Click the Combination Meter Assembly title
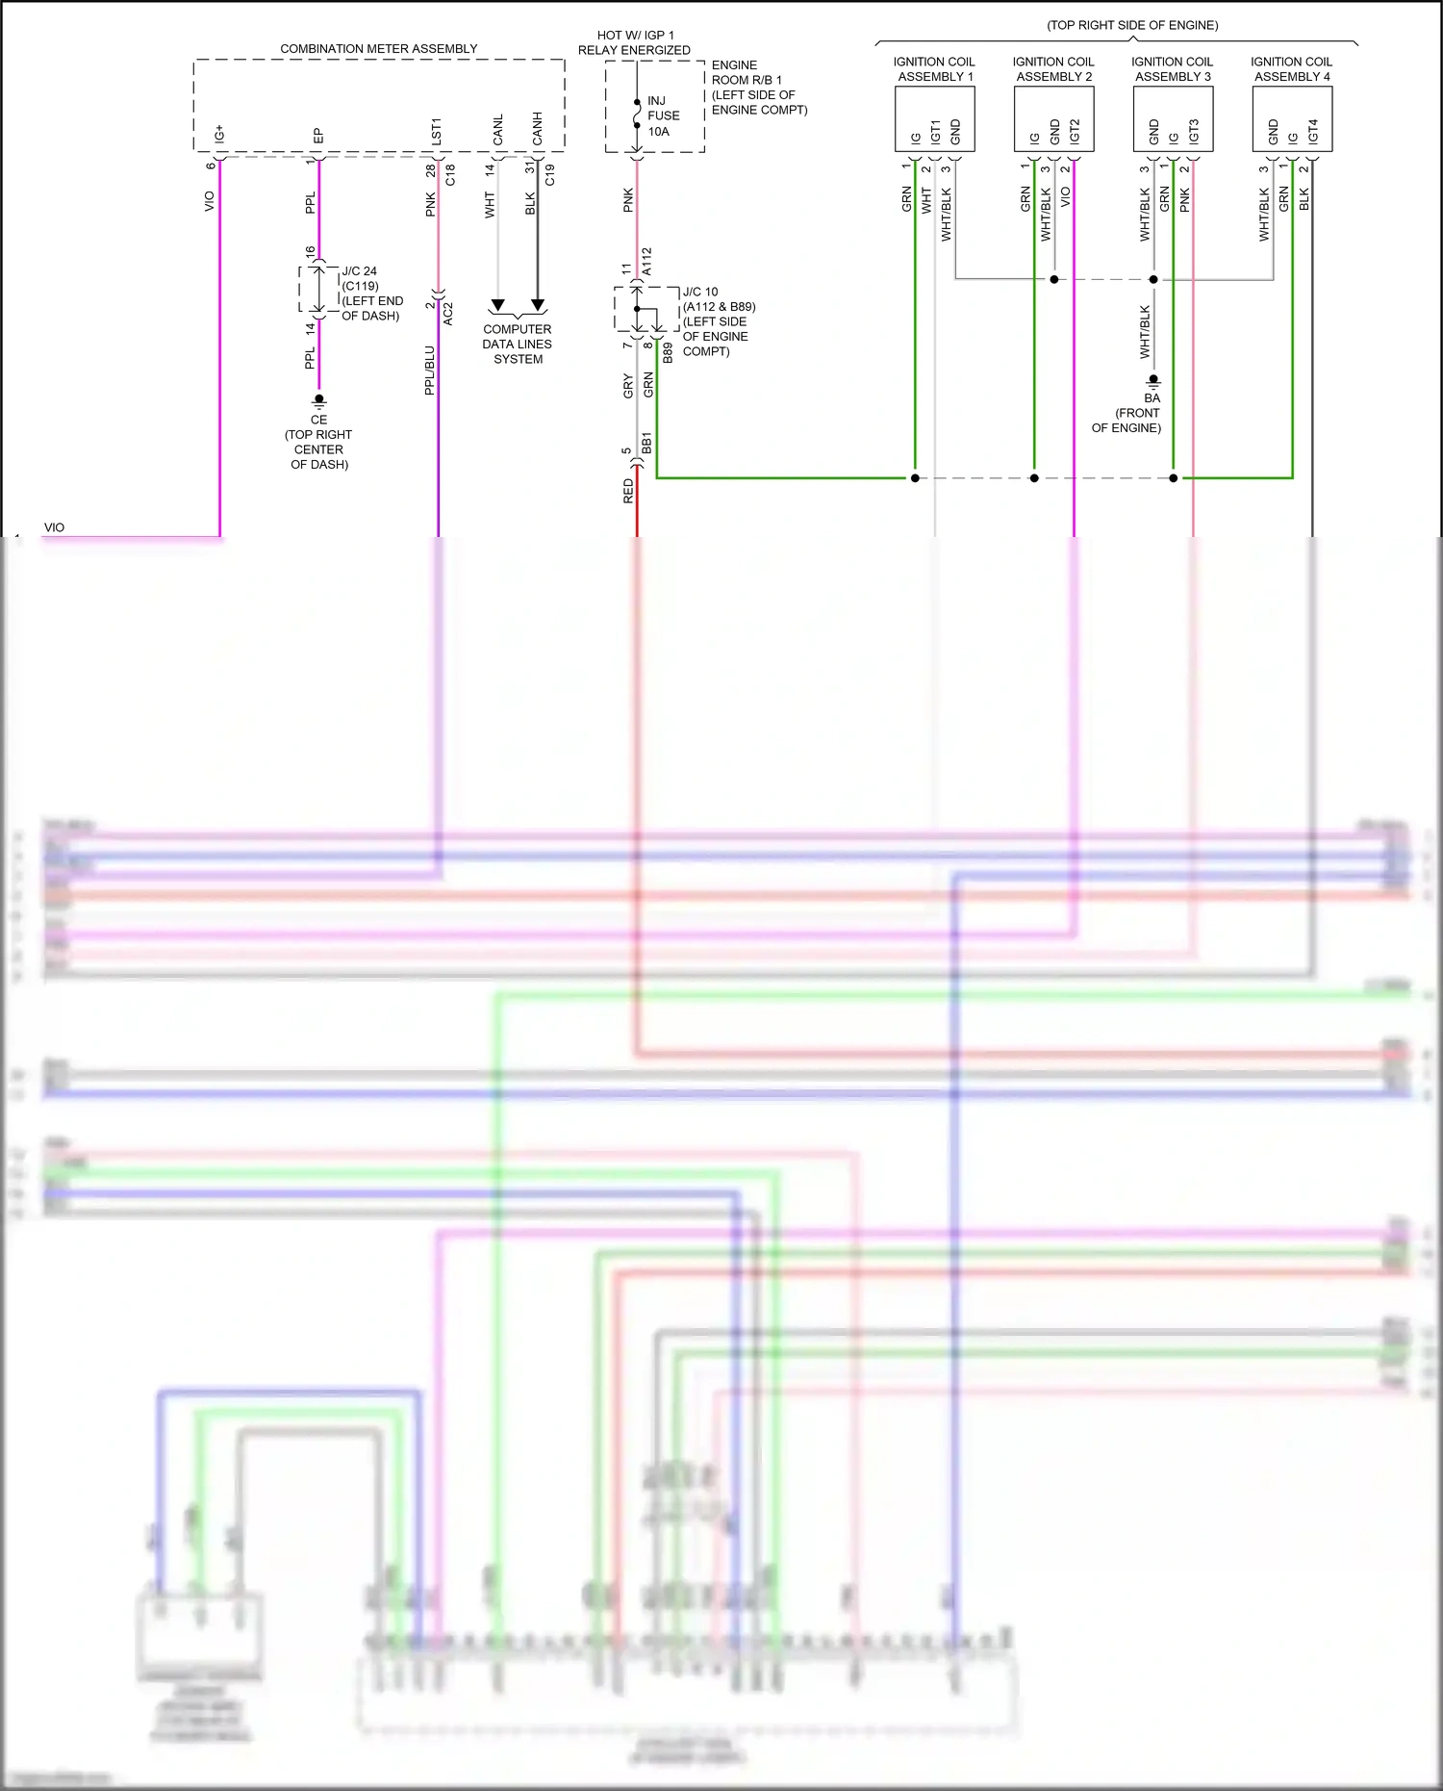tap(378, 49)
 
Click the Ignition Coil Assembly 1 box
tap(934, 118)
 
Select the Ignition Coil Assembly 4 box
tap(1292, 118)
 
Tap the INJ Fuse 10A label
tap(663, 115)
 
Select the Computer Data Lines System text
tap(518, 344)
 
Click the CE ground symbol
tap(318, 399)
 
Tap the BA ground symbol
tap(1152, 381)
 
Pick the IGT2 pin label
tap(1075, 131)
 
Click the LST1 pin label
tap(436, 132)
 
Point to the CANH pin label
tap(537, 129)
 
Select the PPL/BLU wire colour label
tap(429, 371)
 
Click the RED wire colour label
tap(628, 491)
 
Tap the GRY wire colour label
tap(628, 386)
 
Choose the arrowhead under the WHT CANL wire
tap(497, 306)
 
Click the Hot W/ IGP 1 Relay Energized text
tap(634, 42)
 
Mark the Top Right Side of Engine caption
tap(1132, 25)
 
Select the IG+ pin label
tap(219, 134)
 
